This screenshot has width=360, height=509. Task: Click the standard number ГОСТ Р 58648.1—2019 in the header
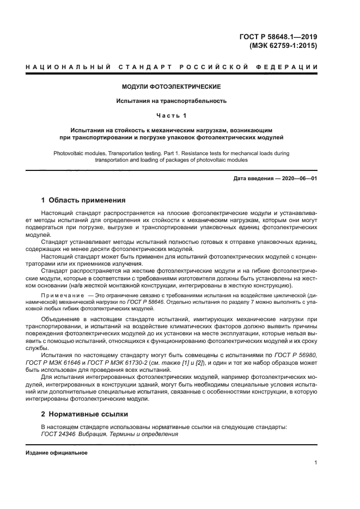tap(278, 37)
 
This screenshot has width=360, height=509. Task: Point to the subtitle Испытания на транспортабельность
tap(171, 101)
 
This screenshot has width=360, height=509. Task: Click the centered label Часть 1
tap(171, 115)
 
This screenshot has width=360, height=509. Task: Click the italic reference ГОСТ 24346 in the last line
tap(58, 434)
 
